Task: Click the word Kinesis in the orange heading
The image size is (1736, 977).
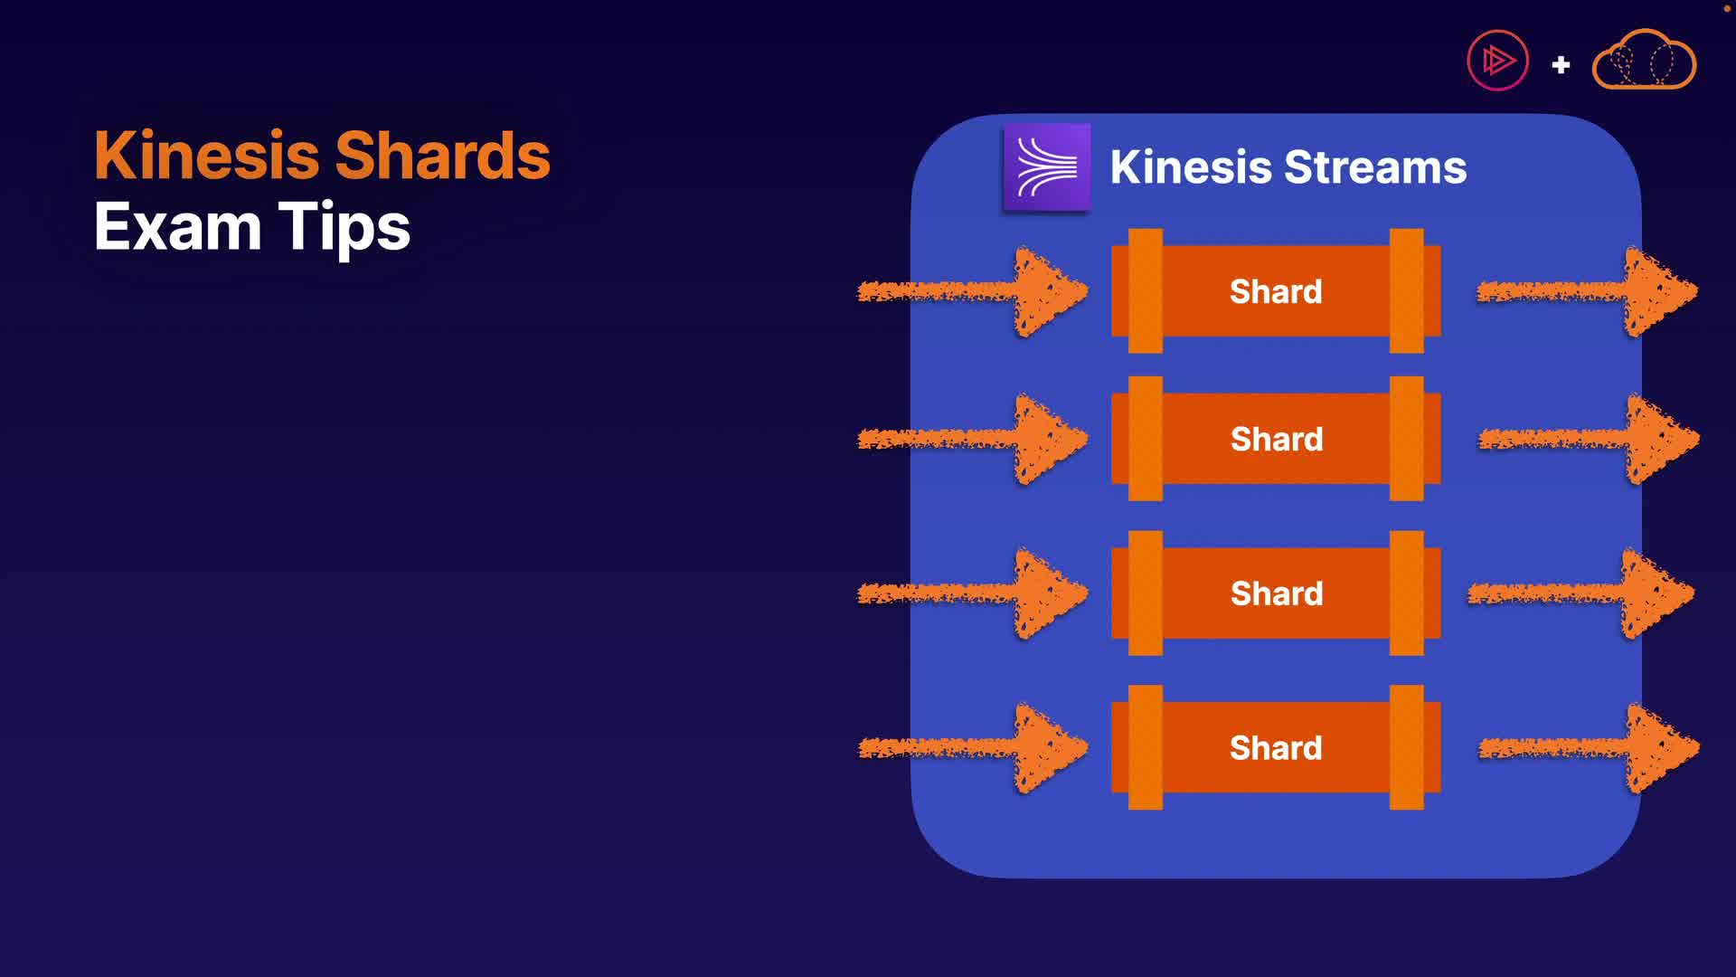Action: coord(207,155)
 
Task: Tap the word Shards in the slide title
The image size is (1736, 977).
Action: coord(442,155)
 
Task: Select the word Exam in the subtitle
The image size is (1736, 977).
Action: coord(178,226)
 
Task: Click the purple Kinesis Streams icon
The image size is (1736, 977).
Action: coord(1047,168)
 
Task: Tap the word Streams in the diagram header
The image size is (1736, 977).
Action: coord(1375,166)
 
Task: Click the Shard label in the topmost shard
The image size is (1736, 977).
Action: coord(1276,291)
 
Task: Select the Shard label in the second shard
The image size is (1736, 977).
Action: coord(1277,439)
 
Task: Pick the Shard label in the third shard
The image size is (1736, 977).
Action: coord(1277,593)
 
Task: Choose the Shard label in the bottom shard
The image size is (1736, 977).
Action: coord(1276,748)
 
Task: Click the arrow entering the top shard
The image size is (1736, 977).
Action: coord(973,291)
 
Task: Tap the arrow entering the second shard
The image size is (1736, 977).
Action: coord(973,440)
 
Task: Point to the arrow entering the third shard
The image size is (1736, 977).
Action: coord(973,593)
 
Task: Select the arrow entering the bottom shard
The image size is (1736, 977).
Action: coord(973,748)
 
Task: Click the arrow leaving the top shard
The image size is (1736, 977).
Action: coord(1588,291)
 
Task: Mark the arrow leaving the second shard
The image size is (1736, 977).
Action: coord(1590,440)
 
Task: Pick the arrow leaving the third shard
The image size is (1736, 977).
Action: coord(1581,593)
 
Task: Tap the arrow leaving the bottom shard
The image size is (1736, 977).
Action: coord(1590,748)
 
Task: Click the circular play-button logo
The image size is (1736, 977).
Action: coord(1497,61)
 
